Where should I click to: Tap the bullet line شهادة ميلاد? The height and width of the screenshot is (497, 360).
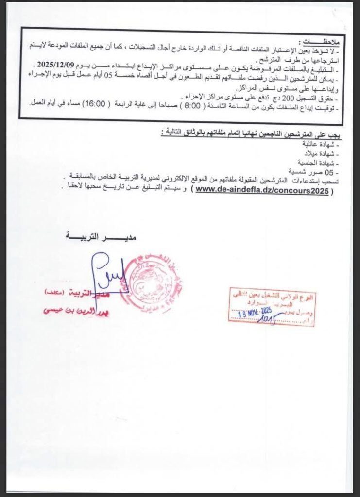pos(326,154)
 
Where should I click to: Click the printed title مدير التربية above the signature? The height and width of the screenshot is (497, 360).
pos(101,236)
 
